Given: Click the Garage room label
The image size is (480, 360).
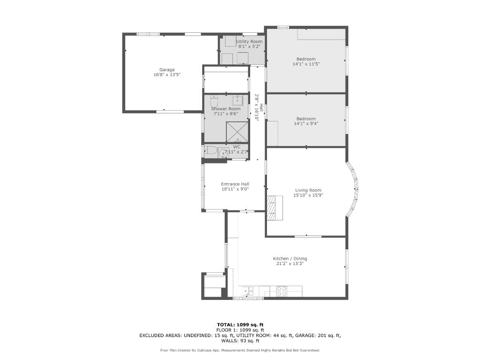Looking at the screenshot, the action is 167,70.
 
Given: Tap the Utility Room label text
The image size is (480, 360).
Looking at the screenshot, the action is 249,42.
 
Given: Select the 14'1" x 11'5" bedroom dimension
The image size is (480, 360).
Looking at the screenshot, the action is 306,64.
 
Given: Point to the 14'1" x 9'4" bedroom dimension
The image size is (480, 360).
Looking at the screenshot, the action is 306,124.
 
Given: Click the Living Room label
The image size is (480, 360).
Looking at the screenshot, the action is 308,190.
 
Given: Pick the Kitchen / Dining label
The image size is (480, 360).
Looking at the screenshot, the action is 290,259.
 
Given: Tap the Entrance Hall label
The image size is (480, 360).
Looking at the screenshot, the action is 235,184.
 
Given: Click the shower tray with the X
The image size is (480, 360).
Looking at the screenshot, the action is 237,132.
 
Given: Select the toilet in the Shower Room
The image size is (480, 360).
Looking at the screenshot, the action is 214,100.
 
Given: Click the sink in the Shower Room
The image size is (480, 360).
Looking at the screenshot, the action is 237,100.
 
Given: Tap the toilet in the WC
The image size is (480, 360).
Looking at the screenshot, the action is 211,151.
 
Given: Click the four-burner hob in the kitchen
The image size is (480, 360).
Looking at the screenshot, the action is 282,292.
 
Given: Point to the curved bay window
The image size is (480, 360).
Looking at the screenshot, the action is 353,189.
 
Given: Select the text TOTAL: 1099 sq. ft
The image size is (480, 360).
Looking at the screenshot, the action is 240,325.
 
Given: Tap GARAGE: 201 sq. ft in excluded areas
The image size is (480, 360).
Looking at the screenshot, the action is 318,336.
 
